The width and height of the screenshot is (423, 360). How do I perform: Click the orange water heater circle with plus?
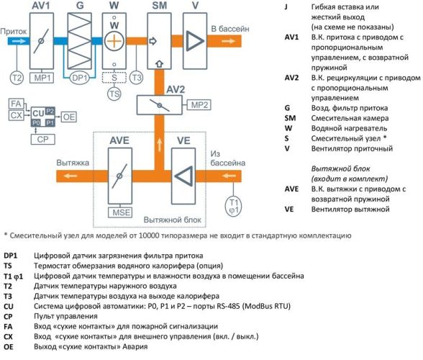pos(114,41)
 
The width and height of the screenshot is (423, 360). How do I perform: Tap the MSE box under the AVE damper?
pos(119,212)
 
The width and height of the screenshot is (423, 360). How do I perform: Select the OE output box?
pos(68,114)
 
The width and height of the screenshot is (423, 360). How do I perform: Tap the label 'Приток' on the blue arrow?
pos(14,32)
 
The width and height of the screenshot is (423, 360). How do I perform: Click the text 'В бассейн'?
pos(230,29)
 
